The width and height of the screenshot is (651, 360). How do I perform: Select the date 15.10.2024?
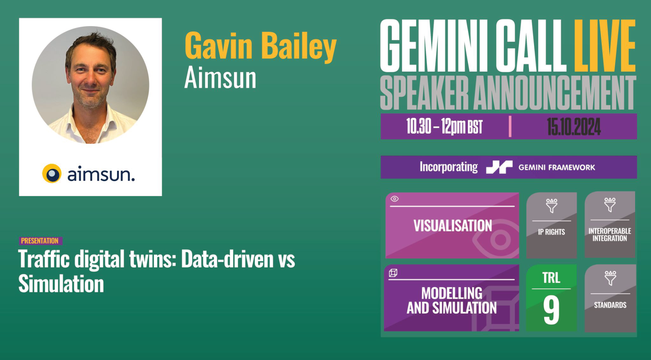click(574, 127)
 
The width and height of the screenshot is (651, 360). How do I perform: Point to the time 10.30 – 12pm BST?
click(444, 127)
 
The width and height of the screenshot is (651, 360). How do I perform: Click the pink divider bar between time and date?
click(510, 127)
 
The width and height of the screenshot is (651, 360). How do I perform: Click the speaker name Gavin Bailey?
click(260, 46)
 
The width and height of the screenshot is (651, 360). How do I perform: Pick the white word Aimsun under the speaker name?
click(220, 78)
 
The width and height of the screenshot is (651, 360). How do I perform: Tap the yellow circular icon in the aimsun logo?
click(52, 173)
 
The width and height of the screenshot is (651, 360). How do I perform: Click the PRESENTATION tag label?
click(40, 241)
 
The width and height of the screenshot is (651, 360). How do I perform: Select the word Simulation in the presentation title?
click(61, 284)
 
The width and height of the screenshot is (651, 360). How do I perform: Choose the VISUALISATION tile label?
click(453, 226)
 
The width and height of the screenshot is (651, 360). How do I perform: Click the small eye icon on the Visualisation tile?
click(394, 199)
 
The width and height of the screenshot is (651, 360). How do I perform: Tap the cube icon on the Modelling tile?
click(393, 273)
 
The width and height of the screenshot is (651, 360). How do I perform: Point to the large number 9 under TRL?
click(551, 309)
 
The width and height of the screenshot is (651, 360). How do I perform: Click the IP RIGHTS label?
click(551, 232)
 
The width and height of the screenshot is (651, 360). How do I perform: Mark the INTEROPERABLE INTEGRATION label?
click(610, 234)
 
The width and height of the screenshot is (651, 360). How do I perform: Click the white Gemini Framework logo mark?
click(499, 167)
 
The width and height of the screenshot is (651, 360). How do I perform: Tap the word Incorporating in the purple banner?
click(449, 167)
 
